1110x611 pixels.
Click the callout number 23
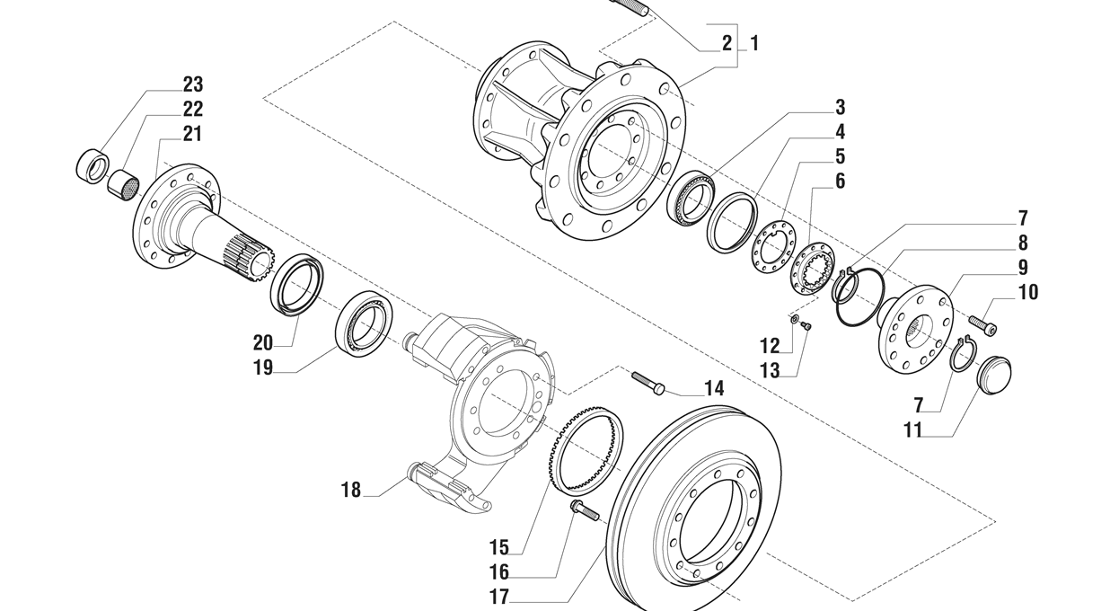click(192, 84)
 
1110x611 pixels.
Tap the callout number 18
click(351, 490)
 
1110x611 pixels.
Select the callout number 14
click(713, 389)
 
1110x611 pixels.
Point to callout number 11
click(913, 430)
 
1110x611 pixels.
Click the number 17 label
click(499, 596)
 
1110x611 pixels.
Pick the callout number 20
click(262, 342)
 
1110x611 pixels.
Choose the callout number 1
click(754, 42)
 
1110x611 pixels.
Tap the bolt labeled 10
click(982, 323)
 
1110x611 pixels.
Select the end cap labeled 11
click(993, 372)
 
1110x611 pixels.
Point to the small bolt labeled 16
click(584, 511)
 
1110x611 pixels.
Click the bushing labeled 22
click(123, 186)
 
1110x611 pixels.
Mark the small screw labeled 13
click(806, 326)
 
